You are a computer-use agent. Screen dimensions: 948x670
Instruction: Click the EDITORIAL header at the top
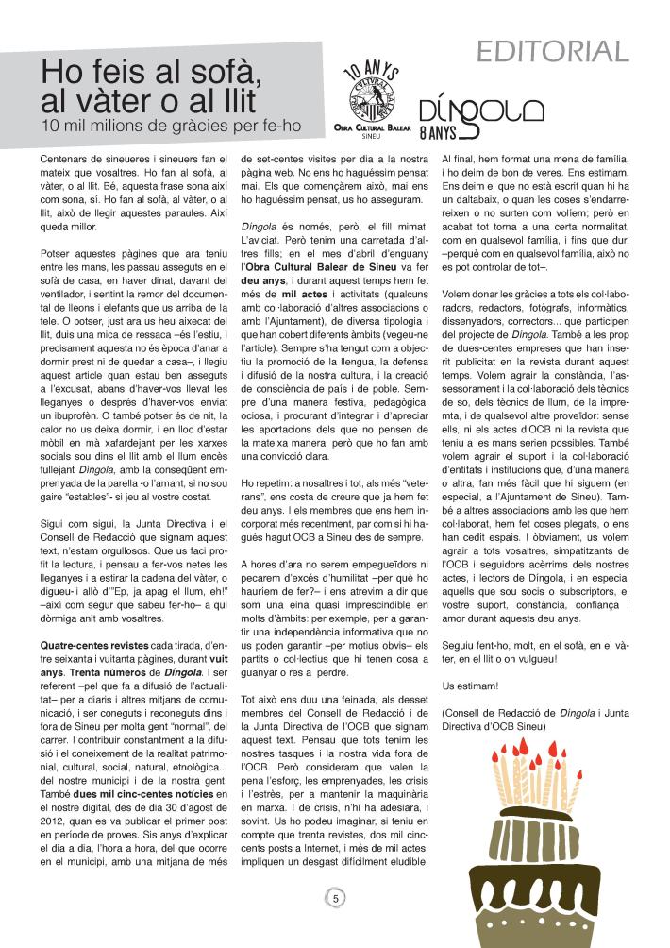coord(552,50)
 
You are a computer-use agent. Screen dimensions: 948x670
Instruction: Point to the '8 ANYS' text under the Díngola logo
coord(438,132)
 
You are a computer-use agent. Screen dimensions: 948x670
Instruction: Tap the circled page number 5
coord(335,898)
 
